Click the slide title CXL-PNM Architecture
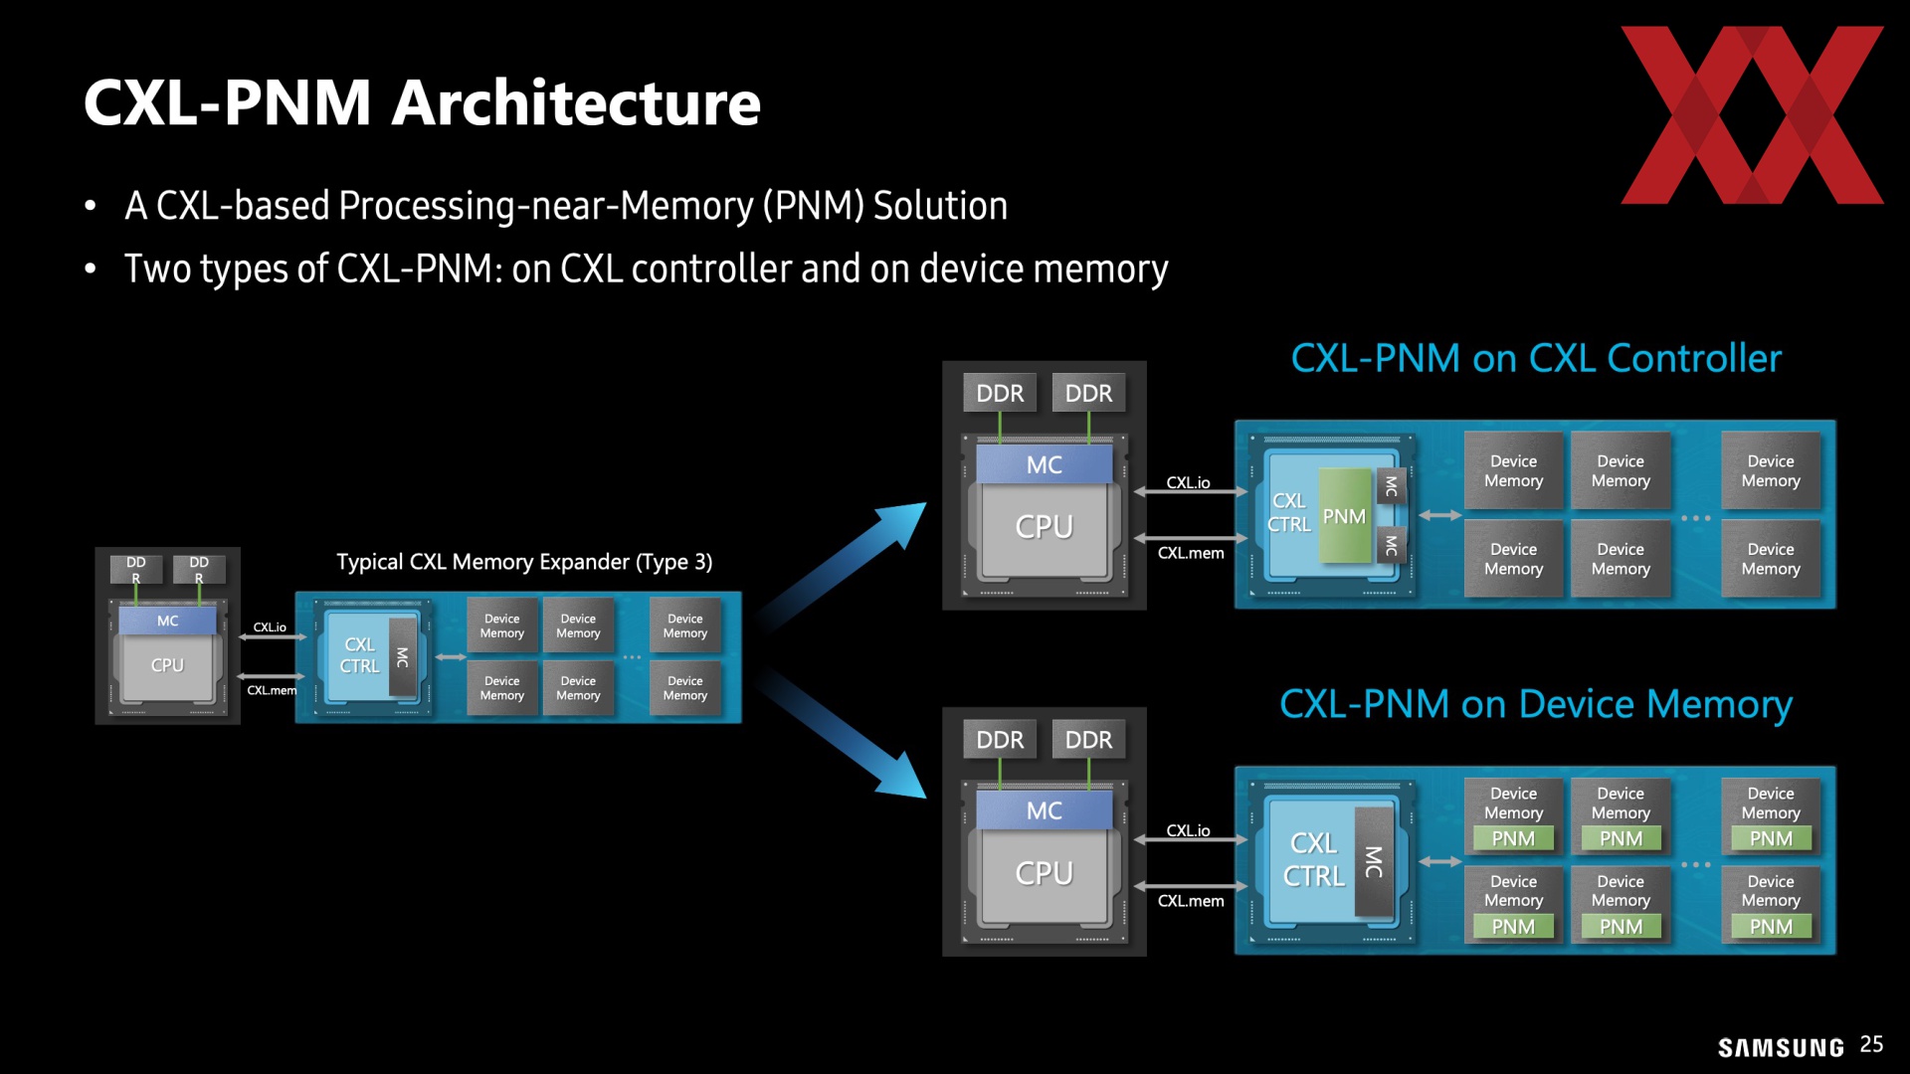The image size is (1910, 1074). tap(422, 102)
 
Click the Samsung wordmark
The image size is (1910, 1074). tap(1781, 1047)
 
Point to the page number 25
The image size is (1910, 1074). tap(1871, 1044)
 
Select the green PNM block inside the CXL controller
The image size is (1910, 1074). tap(1344, 516)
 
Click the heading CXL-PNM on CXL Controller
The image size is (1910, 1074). tap(1536, 358)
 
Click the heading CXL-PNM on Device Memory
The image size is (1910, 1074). tap(1536, 704)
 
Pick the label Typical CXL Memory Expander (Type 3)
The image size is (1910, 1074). tap(524, 562)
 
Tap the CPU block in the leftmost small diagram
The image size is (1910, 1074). tap(167, 665)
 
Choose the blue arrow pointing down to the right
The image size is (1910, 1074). tap(844, 734)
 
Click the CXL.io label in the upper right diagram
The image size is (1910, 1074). tap(1189, 483)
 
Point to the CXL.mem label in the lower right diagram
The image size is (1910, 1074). tap(1191, 901)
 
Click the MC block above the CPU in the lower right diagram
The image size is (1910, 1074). tap(1045, 810)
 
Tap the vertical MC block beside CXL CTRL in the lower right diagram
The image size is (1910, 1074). tap(1374, 861)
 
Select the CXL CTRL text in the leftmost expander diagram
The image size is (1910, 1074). tap(359, 655)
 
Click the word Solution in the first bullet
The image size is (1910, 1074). tap(940, 206)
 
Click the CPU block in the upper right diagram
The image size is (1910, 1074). tap(1045, 527)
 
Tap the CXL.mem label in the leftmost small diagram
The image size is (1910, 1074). tap(272, 690)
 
